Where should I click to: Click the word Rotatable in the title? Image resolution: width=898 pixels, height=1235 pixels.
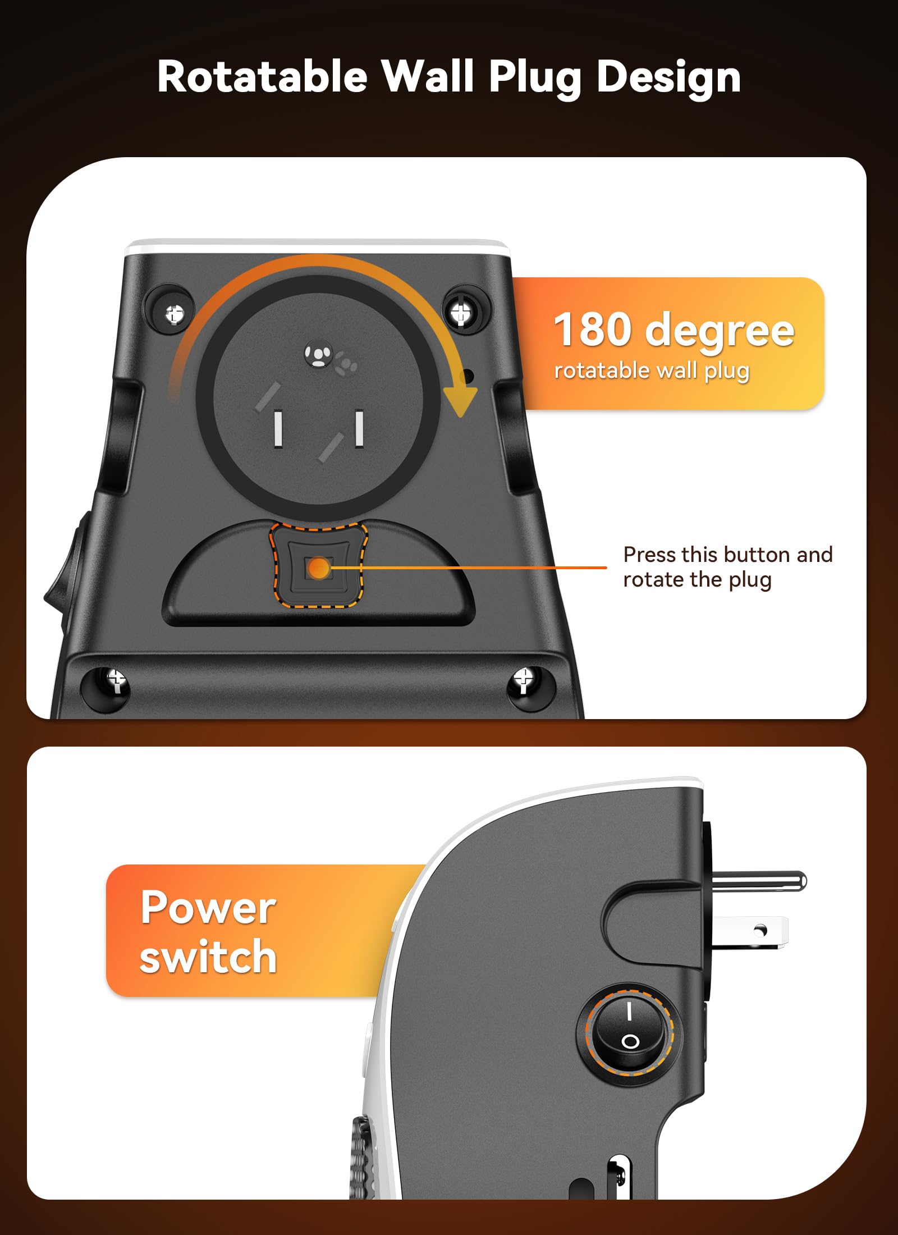tap(262, 77)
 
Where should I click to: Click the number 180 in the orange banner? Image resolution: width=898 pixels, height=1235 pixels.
tap(593, 330)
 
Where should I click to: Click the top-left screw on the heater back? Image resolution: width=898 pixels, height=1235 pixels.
tap(175, 314)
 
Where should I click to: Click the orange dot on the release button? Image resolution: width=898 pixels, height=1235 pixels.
tap(319, 568)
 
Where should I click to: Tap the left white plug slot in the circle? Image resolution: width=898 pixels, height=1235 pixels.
tap(278, 429)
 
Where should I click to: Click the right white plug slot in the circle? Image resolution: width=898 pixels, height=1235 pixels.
tap(359, 428)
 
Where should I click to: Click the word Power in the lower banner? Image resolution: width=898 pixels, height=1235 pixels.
tap(208, 908)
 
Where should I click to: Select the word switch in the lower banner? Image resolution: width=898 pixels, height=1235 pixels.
tap(208, 957)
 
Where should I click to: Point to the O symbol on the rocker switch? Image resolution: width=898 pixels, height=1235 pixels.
tap(630, 1042)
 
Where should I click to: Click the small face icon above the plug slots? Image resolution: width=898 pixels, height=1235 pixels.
tap(319, 355)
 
